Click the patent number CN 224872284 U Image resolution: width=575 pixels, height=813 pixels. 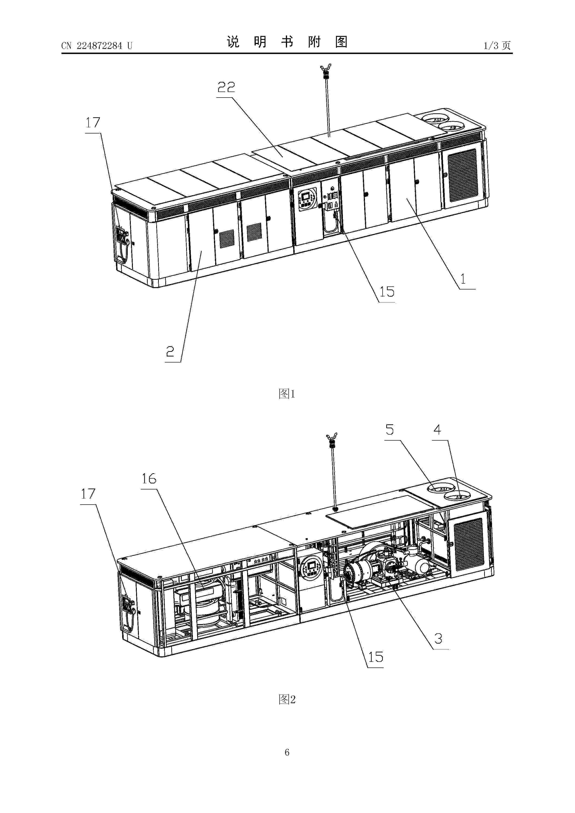click(97, 46)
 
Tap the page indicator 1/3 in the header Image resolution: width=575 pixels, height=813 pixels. click(491, 45)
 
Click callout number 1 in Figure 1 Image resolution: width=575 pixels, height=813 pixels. click(463, 279)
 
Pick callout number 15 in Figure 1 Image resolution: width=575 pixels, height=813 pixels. click(387, 292)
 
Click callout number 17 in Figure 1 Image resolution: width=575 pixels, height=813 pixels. click(93, 123)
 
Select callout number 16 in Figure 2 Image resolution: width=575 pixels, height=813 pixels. click(149, 479)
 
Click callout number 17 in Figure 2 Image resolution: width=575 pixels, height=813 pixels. click(88, 494)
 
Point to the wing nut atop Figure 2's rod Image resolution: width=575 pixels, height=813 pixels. click(332, 436)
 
